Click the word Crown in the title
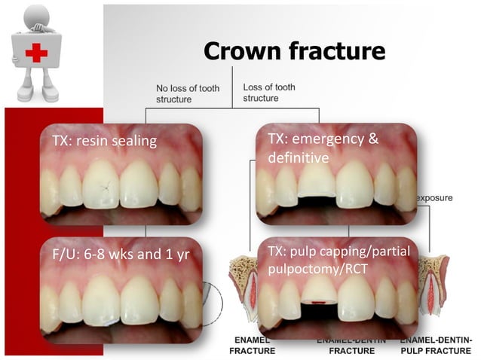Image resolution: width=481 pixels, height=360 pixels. point(244,50)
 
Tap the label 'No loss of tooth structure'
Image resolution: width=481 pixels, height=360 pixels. point(188,93)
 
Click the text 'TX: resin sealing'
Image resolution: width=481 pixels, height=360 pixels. point(99,140)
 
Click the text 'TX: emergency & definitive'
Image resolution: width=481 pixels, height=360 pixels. point(323,148)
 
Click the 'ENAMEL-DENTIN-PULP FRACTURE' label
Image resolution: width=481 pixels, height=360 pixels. point(438,346)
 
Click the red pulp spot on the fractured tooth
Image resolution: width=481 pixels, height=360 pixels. point(319,301)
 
